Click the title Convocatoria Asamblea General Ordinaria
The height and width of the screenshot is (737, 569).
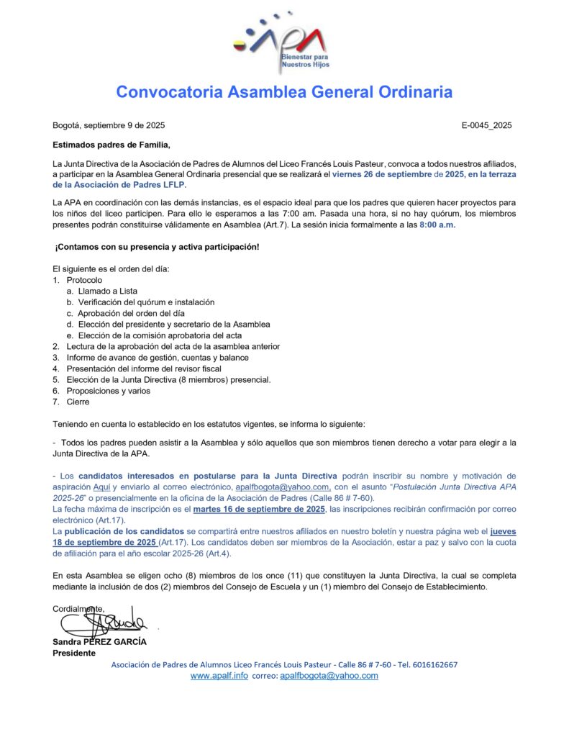pyautogui.click(x=284, y=92)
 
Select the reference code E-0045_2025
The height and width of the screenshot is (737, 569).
pyautogui.click(x=486, y=125)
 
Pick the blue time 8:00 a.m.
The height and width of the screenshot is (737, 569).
pyautogui.click(x=437, y=225)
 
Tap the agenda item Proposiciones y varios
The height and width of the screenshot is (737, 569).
pyautogui.click(x=109, y=391)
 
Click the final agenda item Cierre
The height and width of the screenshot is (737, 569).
pyautogui.click(x=78, y=402)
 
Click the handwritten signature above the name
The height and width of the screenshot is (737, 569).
pyautogui.click(x=104, y=619)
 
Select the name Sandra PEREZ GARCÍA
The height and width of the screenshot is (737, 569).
pyautogui.click(x=99, y=641)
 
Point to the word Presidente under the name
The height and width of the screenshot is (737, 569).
pyautogui.click(x=74, y=653)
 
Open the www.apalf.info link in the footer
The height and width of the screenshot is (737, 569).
pyautogui.click(x=219, y=676)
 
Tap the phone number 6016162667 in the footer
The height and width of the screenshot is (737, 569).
pyautogui.click(x=432, y=664)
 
